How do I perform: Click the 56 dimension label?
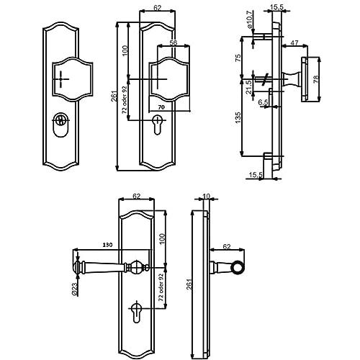(174, 42)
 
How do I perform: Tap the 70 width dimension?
(162, 107)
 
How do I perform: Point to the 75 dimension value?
(238, 58)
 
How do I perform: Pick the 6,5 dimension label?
(263, 102)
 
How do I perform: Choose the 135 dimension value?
(238, 117)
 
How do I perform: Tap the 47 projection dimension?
(294, 42)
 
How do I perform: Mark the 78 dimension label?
(316, 78)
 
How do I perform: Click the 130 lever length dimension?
(107, 245)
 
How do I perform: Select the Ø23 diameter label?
(74, 289)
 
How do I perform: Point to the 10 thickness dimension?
(207, 197)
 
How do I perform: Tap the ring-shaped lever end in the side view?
(238, 266)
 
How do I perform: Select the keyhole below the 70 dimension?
(157, 125)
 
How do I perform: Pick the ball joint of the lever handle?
(137, 266)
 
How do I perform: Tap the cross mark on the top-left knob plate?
(61, 79)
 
